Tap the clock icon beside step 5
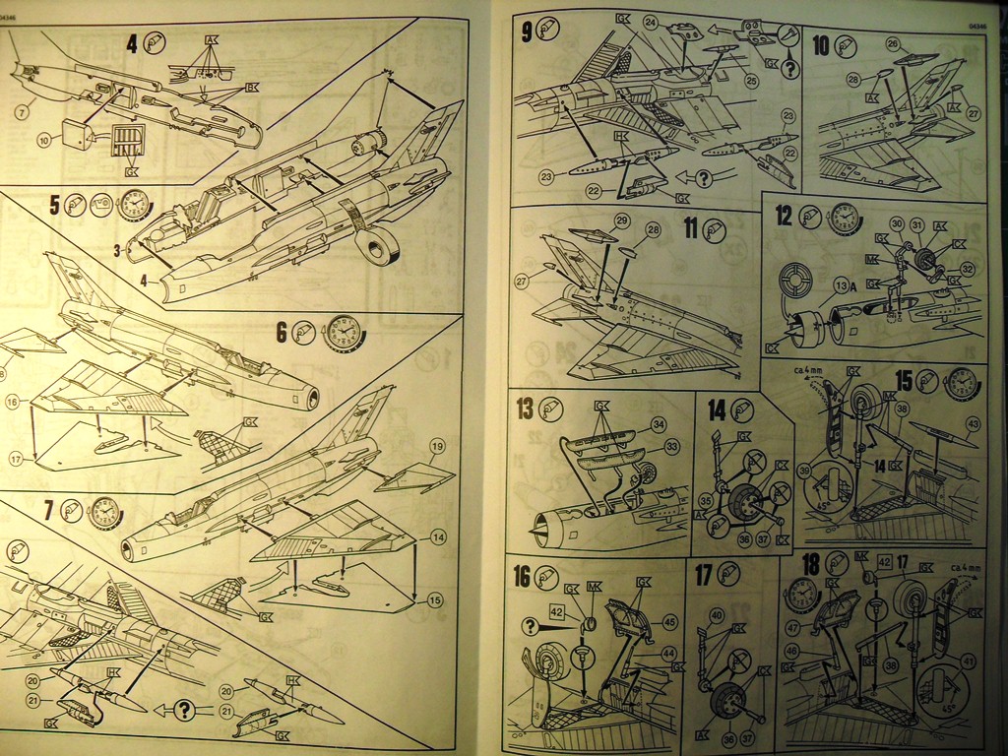tap(134, 205)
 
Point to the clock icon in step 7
tap(105, 513)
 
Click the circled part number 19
tap(438, 447)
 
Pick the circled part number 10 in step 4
tap(43, 140)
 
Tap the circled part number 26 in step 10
tap(892, 44)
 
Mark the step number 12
tap(784, 216)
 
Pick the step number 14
tap(716, 409)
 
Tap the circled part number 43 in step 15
tap(973, 424)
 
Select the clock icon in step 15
tap(964, 382)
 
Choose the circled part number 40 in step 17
tap(716, 615)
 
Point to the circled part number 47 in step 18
tap(792, 626)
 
